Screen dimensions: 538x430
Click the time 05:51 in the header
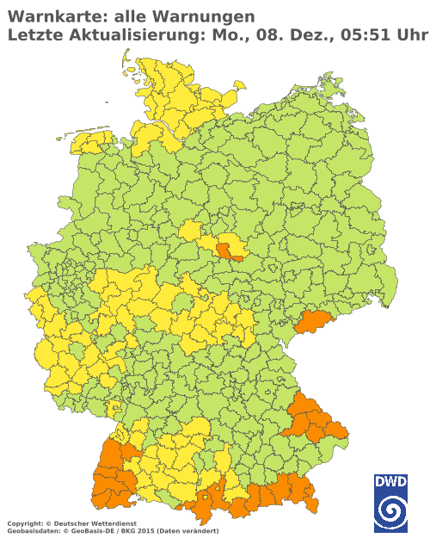(x=369, y=35)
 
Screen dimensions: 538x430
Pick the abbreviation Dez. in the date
(x=317, y=35)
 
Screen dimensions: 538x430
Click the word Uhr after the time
(x=414, y=35)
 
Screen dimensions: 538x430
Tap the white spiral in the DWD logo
(x=390, y=513)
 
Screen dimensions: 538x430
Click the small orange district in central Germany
(x=225, y=250)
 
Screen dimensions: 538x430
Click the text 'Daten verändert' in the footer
(x=197, y=531)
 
